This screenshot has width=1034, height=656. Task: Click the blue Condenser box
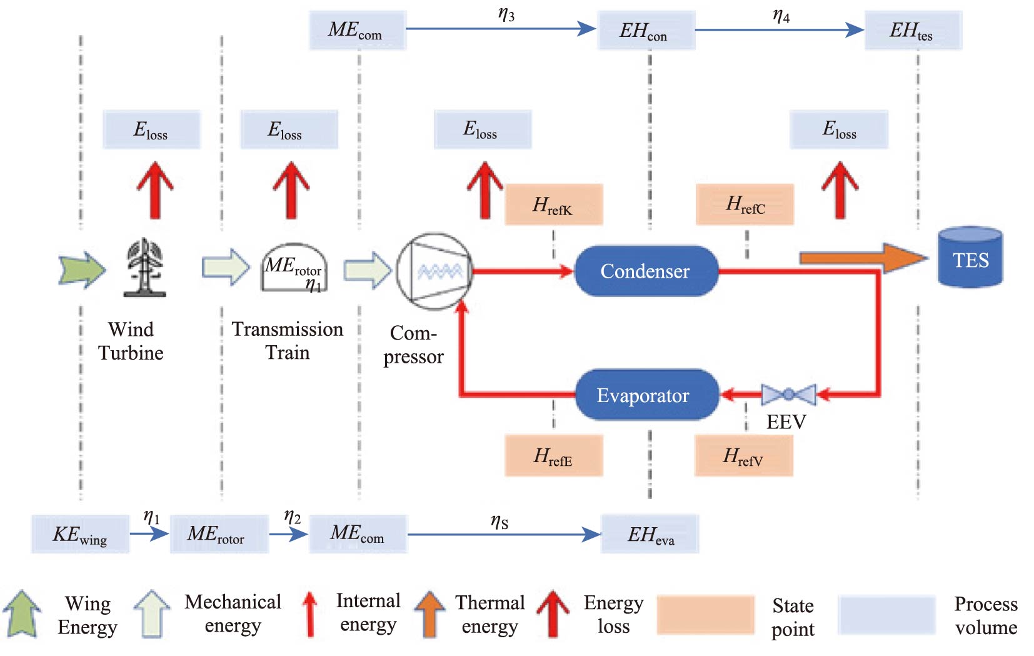click(x=646, y=271)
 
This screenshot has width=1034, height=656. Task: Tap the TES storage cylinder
click(x=970, y=257)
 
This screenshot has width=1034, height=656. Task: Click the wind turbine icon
click(x=145, y=266)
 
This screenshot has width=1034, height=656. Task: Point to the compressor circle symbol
click(x=434, y=271)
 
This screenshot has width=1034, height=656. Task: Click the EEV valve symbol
click(x=788, y=394)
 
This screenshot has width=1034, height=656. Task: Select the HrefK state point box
click(x=553, y=204)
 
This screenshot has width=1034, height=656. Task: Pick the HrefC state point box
click(x=745, y=204)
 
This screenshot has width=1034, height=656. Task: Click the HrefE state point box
click(x=553, y=456)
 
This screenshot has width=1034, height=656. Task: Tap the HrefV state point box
click(x=743, y=456)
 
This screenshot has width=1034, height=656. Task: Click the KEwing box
click(x=80, y=534)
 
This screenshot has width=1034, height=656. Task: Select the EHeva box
click(x=650, y=534)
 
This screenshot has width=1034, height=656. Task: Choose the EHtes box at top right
click(x=913, y=30)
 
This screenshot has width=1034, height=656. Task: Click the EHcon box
click(x=646, y=30)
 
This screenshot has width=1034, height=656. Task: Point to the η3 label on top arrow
click(x=506, y=14)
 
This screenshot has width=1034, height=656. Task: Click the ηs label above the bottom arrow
click(x=499, y=521)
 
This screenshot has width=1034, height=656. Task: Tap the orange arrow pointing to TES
click(x=863, y=258)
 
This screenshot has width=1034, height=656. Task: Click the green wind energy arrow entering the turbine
click(x=82, y=270)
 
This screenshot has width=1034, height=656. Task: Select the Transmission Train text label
click(x=288, y=341)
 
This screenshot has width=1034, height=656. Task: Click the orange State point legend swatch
click(x=705, y=615)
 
